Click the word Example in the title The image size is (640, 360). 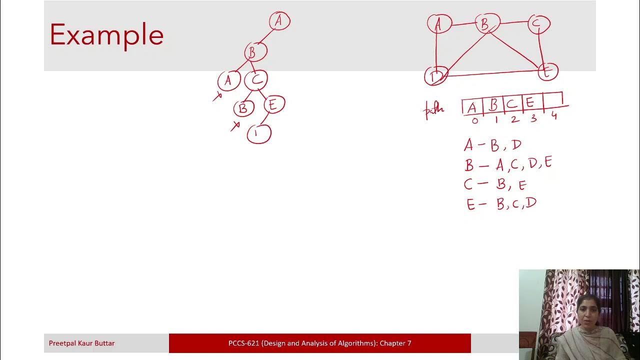click(106, 35)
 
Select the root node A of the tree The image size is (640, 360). click(279, 21)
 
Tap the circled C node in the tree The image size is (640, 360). click(256, 79)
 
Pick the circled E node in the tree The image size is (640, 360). click(272, 104)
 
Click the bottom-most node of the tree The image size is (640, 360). click(258, 133)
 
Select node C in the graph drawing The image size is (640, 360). click(538, 24)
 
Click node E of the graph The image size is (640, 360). click(547, 72)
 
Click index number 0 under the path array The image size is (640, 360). click(474, 120)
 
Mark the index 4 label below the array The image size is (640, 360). click(554, 116)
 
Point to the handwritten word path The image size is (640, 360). click(433, 109)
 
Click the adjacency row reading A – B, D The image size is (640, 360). click(492, 145)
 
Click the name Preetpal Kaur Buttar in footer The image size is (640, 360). click(81, 343)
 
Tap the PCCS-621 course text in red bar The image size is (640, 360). click(319, 343)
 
